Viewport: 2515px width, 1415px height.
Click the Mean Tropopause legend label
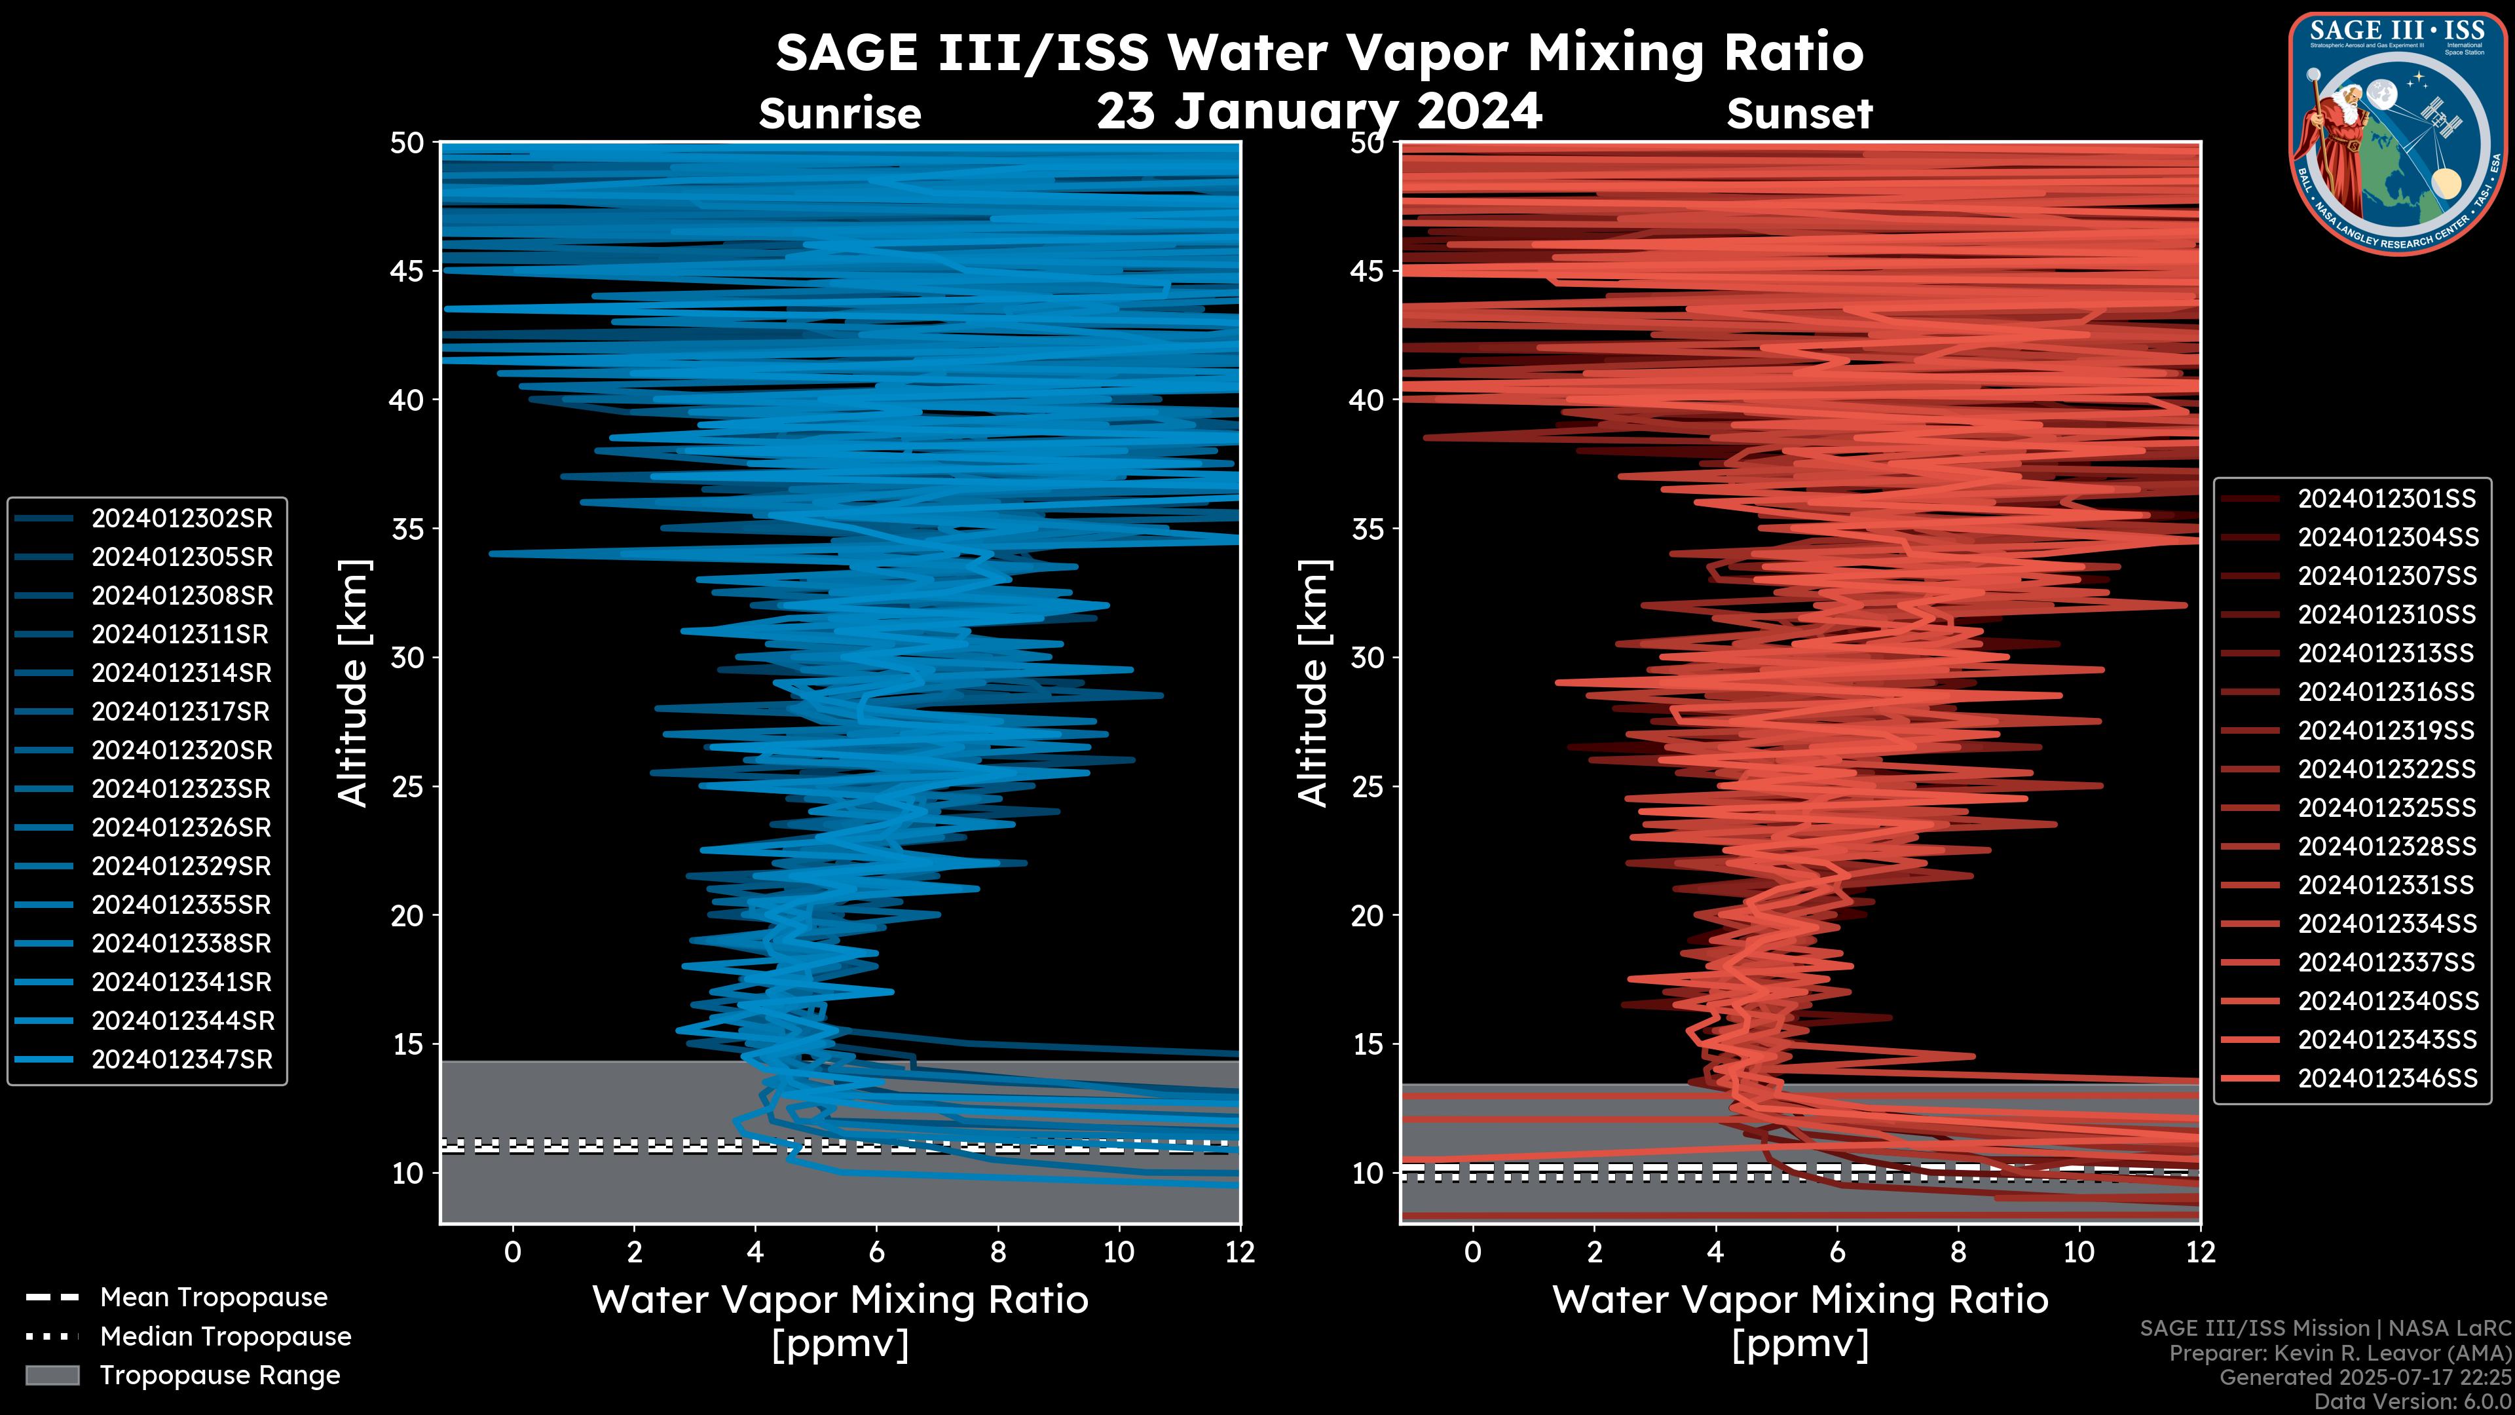[214, 1297]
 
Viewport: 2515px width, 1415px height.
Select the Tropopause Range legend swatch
[52, 1375]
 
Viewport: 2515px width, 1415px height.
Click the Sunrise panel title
[840, 114]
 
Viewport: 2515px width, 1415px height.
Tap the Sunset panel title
[1799, 114]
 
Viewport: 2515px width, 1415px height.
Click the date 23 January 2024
[1319, 111]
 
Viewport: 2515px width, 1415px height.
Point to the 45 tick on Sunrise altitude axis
[407, 271]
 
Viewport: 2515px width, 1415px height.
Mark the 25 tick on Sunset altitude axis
[1368, 786]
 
